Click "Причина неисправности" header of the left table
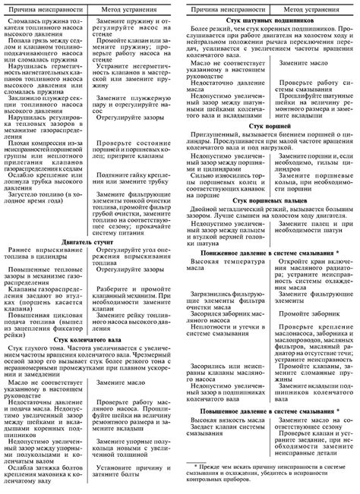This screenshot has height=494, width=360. click(46, 7)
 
